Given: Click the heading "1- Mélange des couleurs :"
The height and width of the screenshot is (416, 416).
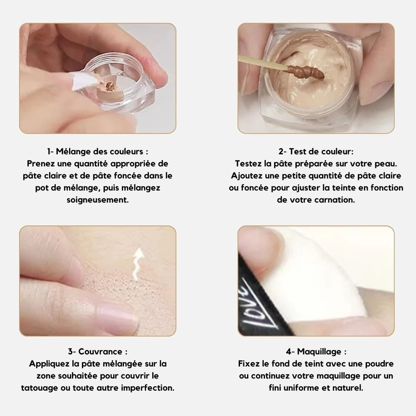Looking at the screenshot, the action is click(x=98, y=151).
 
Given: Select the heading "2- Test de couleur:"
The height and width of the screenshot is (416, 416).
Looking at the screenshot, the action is click(x=316, y=151).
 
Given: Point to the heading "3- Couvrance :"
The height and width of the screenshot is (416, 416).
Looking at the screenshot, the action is click(x=98, y=352).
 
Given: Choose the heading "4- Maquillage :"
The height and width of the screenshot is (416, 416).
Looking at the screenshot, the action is click(x=316, y=352).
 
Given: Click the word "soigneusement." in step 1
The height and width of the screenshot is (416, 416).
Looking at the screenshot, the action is click(x=98, y=200).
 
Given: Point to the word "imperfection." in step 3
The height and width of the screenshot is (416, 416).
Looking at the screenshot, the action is click(x=148, y=388).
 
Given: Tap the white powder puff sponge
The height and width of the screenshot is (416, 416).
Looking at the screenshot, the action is click(x=308, y=279).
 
